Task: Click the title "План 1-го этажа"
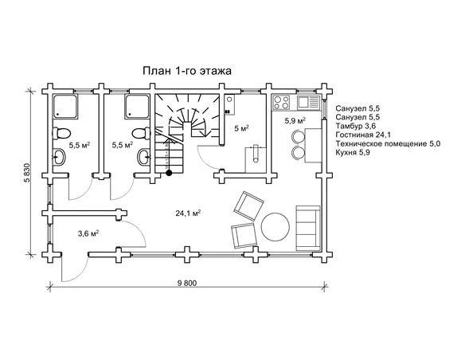click(x=187, y=71)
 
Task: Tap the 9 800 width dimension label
click(x=187, y=283)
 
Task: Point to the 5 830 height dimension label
click(x=27, y=174)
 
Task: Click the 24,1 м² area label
click(x=189, y=213)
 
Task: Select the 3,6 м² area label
click(x=88, y=233)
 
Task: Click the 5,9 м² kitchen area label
click(x=295, y=120)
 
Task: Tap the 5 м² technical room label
click(x=241, y=128)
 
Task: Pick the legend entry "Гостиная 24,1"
click(x=363, y=135)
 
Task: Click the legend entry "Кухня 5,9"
click(x=353, y=153)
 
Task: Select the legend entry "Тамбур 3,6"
click(x=356, y=126)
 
